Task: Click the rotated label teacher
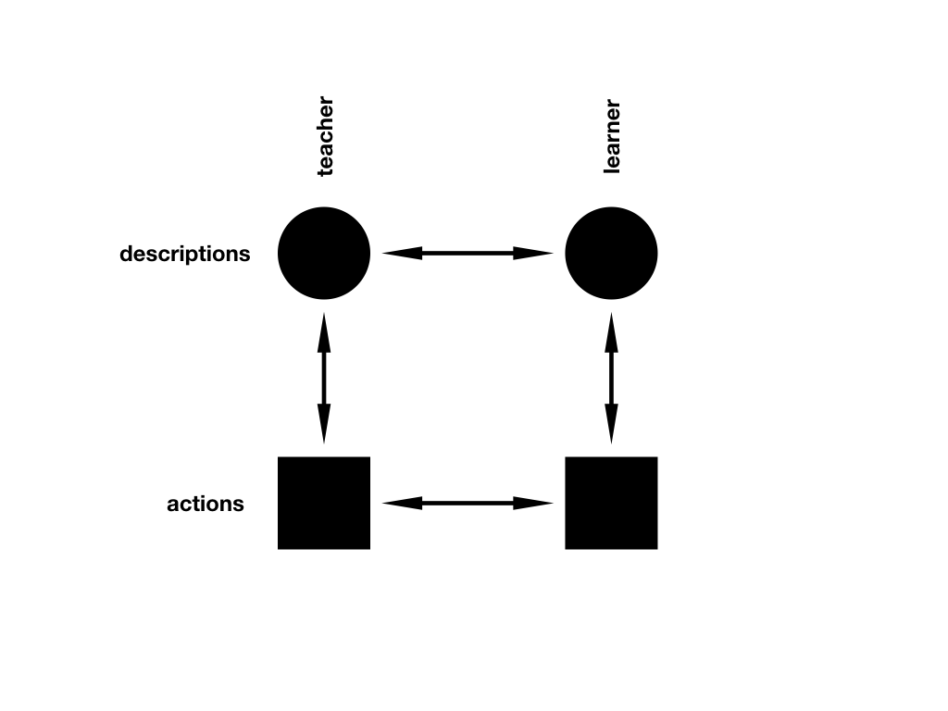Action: (x=324, y=137)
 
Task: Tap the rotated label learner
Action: (x=611, y=137)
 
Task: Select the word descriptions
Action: (x=185, y=254)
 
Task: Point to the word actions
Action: (x=206, y=505)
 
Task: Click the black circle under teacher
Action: (x=324, y=254)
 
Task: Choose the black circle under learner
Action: (x=611, y=254)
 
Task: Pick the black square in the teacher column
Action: (x=324, y=503)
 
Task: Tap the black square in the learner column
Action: (x=611, y=503)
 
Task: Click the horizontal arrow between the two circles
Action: (x=468, y=253)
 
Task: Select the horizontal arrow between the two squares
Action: (x=468, y=503)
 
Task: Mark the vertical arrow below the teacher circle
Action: (x=324, y=378)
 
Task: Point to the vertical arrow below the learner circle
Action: (x=611, y=378)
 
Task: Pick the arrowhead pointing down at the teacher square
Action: (x=324, y=426)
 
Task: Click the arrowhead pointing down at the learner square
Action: (x=611, y=426)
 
